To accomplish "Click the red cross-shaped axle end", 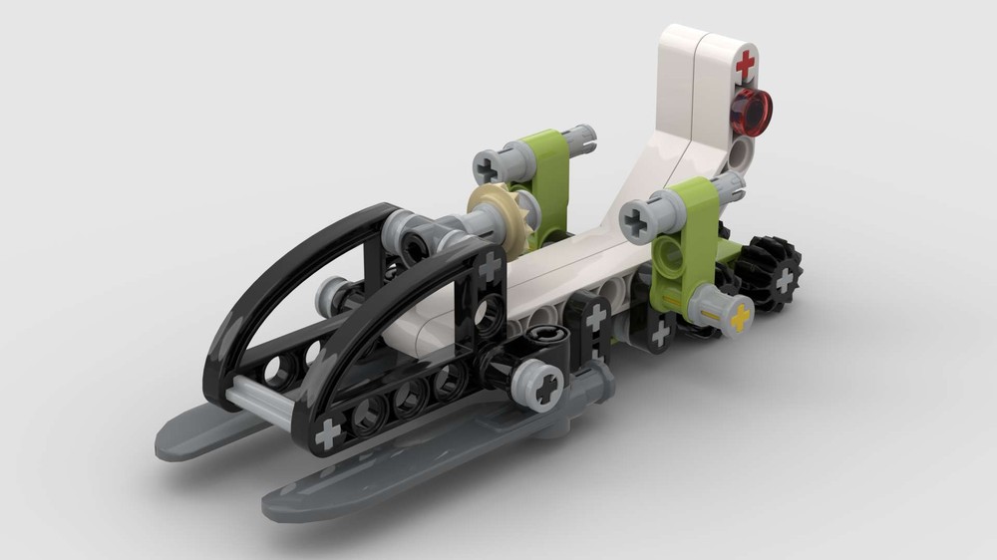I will pos(744,67).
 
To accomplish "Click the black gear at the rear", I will pos(772,273).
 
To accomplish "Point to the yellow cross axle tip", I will pos(739,319).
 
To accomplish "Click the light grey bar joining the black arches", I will pos(258,403).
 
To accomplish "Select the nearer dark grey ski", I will pos(399,468).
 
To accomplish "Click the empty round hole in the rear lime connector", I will pos(670,256).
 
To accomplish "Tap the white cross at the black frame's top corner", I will pos(489,266).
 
